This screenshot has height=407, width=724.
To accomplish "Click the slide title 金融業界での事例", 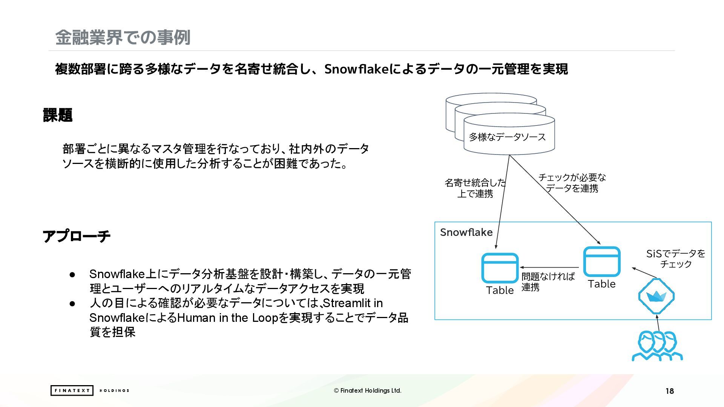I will [x=123, y=37].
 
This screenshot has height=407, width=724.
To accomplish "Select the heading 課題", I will [x=58, y=115].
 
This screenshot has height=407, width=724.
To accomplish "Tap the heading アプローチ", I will [x=77, y=236].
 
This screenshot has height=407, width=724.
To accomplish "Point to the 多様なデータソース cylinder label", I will [x=507, y=137].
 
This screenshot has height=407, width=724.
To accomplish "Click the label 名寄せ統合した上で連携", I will [x=475, y=188].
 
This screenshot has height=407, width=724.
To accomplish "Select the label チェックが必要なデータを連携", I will [x=572, y=183].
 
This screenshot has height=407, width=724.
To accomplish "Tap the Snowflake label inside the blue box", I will [x=466, y=232].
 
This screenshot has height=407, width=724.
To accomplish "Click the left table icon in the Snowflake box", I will [x=500, y=268].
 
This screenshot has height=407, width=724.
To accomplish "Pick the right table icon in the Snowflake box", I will [x=601, y=262].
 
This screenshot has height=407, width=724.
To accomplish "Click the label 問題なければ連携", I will [x=548, y=282].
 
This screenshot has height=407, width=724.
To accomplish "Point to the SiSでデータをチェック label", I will [x=676, y=259].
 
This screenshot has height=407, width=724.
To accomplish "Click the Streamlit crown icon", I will [x=656, y=296].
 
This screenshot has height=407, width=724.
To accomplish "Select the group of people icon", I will [x=657, y=346].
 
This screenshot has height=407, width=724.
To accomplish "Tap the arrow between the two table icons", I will [x=549, y=268].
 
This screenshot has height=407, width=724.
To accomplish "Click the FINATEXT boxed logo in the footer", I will [x=72, y=390].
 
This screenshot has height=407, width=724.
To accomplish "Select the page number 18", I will [x=670, y=391].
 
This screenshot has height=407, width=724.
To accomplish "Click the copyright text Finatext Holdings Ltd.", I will [x=368, y=390].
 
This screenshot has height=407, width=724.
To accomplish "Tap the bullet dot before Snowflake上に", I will [x=72, y=274].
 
